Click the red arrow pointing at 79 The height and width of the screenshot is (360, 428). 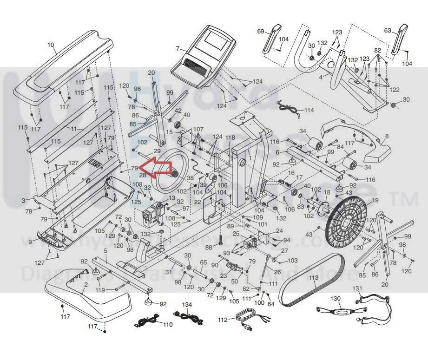(156, 167)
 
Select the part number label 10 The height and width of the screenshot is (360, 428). (51, 45)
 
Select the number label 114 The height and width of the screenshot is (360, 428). (309, 111)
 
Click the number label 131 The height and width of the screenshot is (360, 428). (356, 288)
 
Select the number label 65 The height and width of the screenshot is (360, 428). (203, 263)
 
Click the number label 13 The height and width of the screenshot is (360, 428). (172, 198)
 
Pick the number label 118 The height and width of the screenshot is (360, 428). (230, 137)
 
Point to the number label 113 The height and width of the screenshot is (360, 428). (314, 278)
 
